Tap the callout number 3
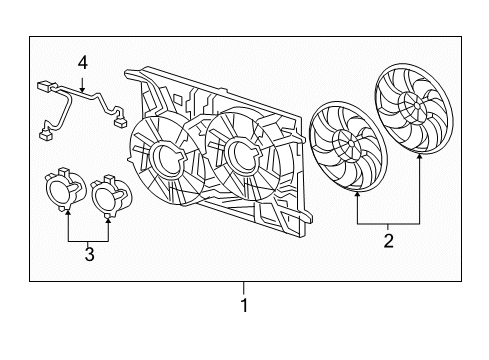[x=89, y=256]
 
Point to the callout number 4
[x=83, y=63]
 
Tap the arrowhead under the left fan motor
[x=68, y=213]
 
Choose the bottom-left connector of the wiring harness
[x=45, y=129]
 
